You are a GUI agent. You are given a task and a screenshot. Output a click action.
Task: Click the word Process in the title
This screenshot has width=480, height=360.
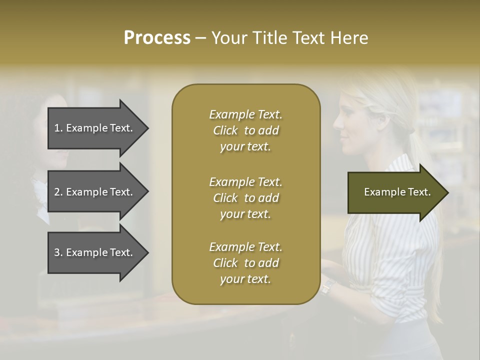(x=157, y=38)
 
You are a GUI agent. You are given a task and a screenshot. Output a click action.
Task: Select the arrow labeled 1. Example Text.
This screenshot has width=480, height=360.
(x=95, y=128)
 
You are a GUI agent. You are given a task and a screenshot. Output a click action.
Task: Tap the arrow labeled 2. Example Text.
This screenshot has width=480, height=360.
(x=95, y=192)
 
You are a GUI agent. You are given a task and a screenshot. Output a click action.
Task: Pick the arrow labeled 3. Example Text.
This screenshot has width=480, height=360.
(x=95, y=252)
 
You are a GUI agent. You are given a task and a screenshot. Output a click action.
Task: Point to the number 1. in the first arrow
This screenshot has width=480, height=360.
(x=58, y=128)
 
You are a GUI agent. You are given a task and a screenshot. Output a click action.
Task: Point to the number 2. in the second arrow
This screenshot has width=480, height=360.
(x=58, y=192)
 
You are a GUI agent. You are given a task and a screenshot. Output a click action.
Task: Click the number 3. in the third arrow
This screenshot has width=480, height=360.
(x=58, y=252)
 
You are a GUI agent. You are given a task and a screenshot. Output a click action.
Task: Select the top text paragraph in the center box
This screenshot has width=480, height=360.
(x=245, y=130)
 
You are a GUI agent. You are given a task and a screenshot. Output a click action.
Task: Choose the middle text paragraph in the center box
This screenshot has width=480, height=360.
(x=245, y=197)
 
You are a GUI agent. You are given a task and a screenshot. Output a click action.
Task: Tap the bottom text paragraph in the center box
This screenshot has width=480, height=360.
(x=245, y=263)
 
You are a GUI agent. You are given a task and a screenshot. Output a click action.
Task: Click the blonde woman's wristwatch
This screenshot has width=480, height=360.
(x=327, y=286)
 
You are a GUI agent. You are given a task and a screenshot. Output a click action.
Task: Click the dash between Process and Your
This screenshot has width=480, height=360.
(x=200, y=38)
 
